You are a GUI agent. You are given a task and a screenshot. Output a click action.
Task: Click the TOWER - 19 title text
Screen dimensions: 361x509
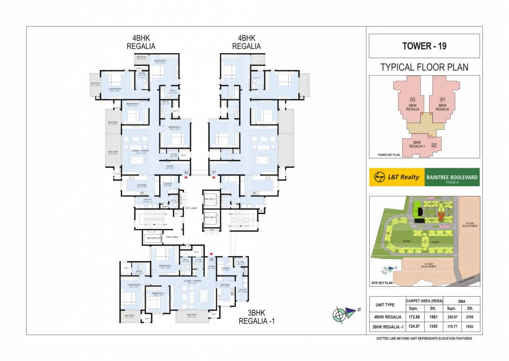[x=424, y=46]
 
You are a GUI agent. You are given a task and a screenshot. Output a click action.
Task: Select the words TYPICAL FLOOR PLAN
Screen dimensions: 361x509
[x=424, y=67]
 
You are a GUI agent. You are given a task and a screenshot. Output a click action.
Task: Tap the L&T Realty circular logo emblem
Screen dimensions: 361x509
[x=379, y=177]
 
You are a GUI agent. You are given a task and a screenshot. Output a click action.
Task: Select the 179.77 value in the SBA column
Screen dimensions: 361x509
[x=452, y=326]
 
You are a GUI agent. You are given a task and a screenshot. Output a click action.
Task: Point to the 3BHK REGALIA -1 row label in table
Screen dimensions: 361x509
[x=387, y=326]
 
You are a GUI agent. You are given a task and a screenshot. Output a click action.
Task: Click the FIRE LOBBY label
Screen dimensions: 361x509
[x=171, y=237]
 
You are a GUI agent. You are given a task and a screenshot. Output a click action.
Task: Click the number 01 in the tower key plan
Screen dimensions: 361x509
[x=441, y=99]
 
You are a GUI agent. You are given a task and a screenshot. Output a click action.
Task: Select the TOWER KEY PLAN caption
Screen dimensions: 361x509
[x=389, y=154]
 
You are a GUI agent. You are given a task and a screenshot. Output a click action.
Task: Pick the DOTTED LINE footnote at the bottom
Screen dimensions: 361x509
[x=424, y=338]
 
